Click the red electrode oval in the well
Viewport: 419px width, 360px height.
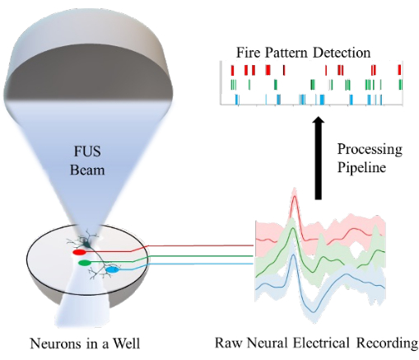coord(79,252)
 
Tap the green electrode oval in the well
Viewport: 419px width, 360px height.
coord(85,263)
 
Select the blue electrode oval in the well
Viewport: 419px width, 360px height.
coord(113,270)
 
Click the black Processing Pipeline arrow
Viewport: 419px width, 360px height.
coord(318,158)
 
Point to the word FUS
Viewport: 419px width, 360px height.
coord(87,152)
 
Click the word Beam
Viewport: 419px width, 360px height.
coord(87,170)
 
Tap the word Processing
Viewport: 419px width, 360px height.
coord(370,150)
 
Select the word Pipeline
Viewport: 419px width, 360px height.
coord(361,167)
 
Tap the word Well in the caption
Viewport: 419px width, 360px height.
coord(127,344)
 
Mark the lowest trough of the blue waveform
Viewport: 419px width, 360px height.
coord(314,311)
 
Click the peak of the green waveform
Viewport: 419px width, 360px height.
coord(293,228)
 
